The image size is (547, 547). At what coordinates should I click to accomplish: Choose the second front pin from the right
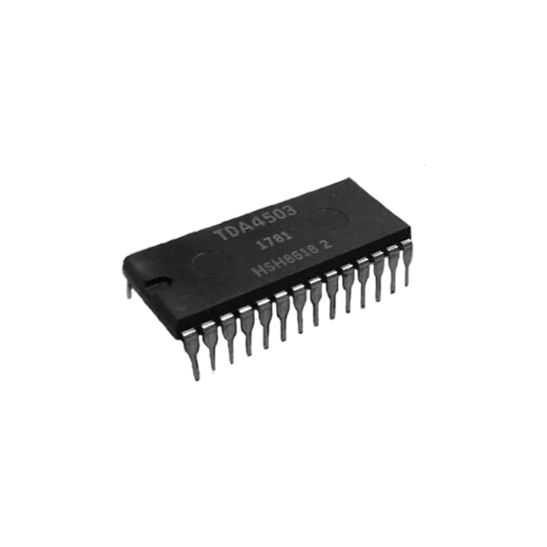coord(392,282)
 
